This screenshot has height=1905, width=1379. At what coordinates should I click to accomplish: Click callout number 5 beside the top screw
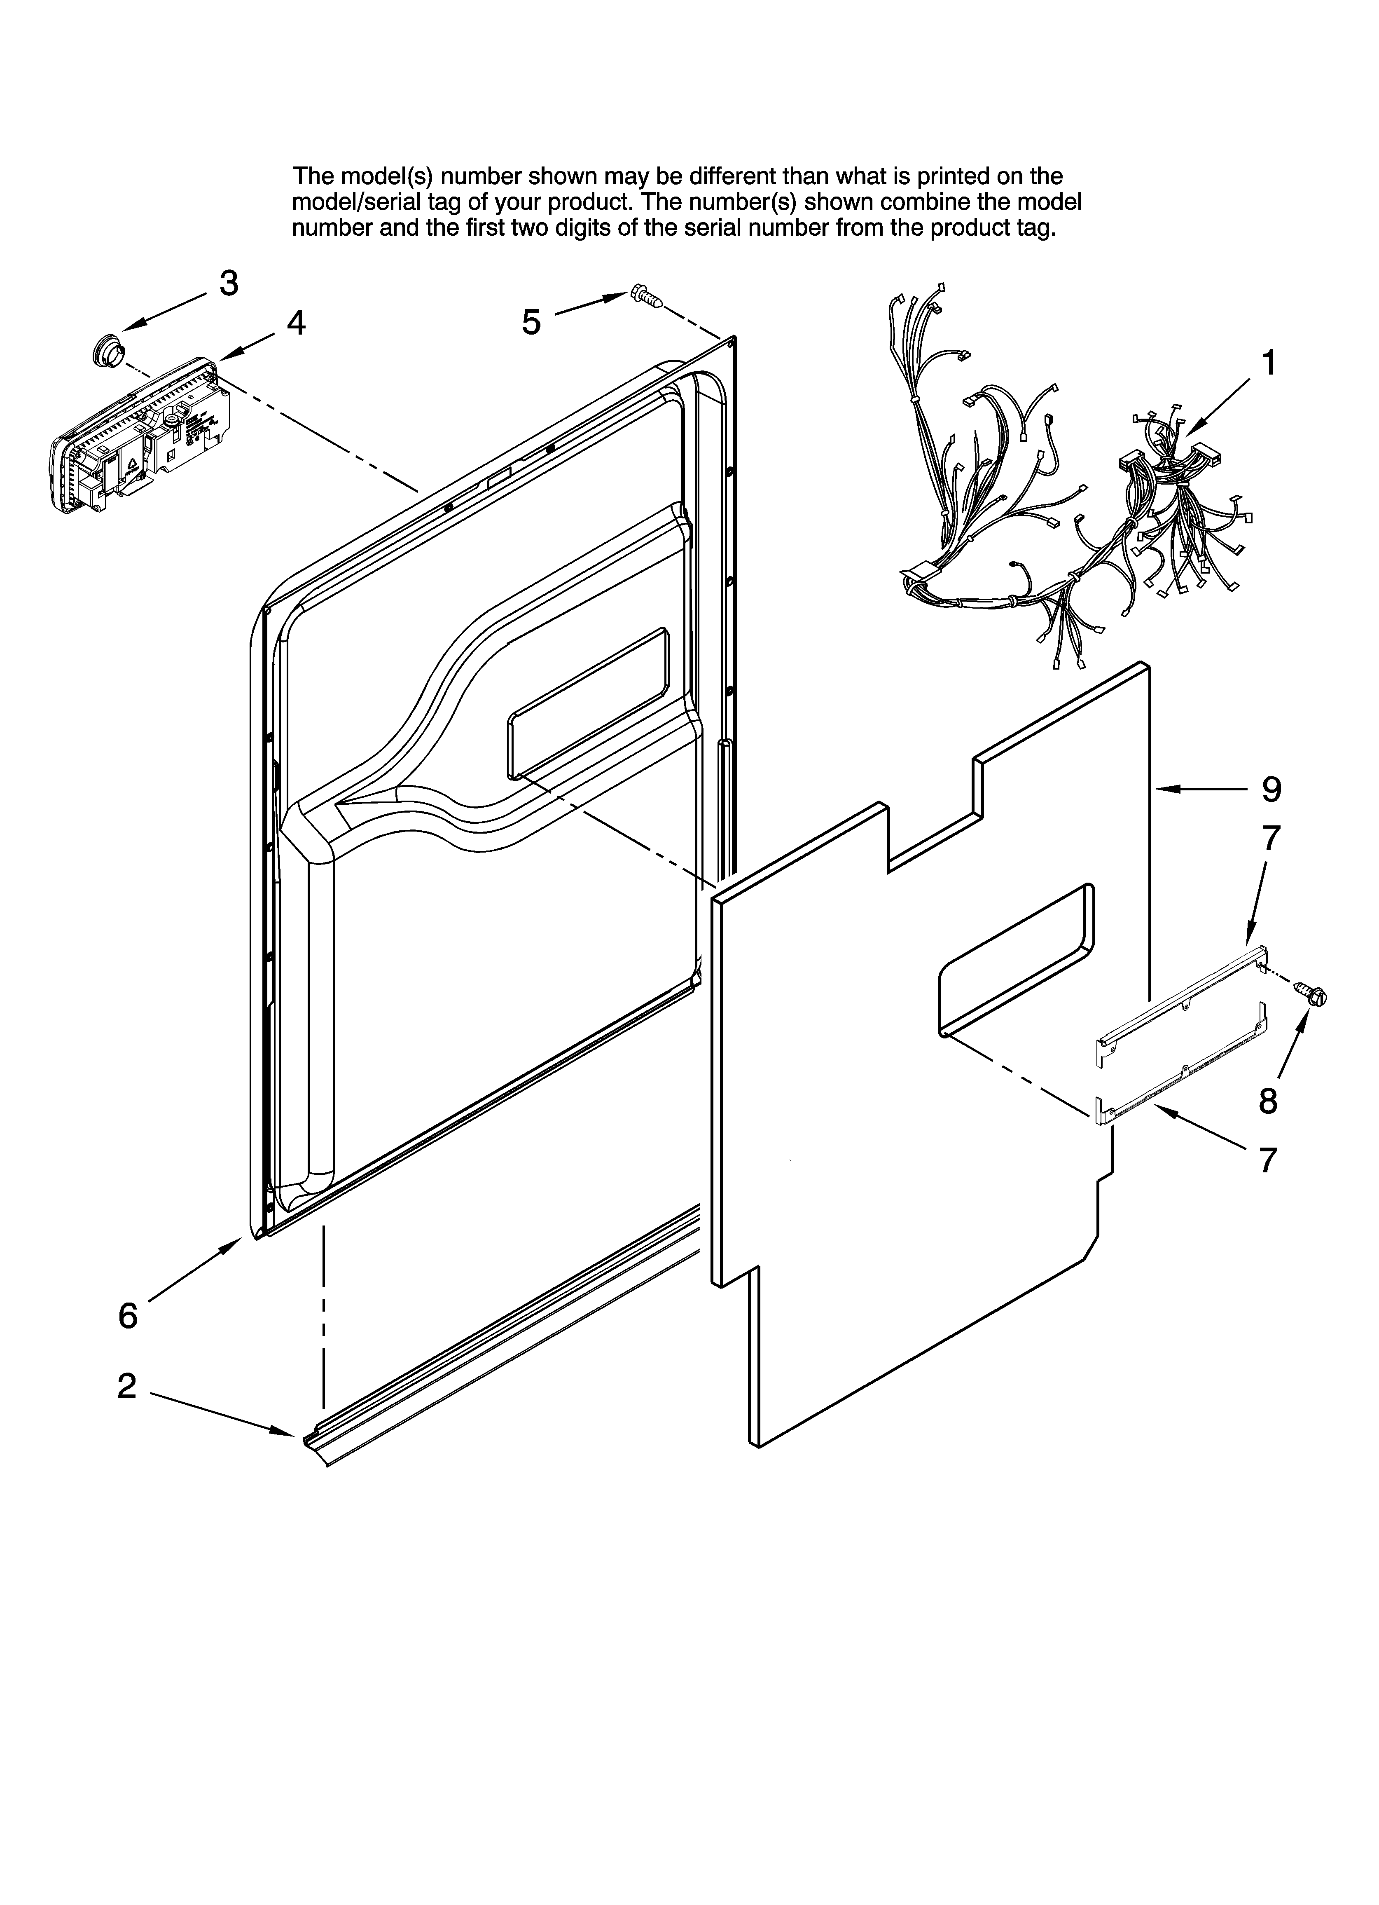(x=532, y=322)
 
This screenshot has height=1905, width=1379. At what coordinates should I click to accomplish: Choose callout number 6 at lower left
(x=128, y=1315)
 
